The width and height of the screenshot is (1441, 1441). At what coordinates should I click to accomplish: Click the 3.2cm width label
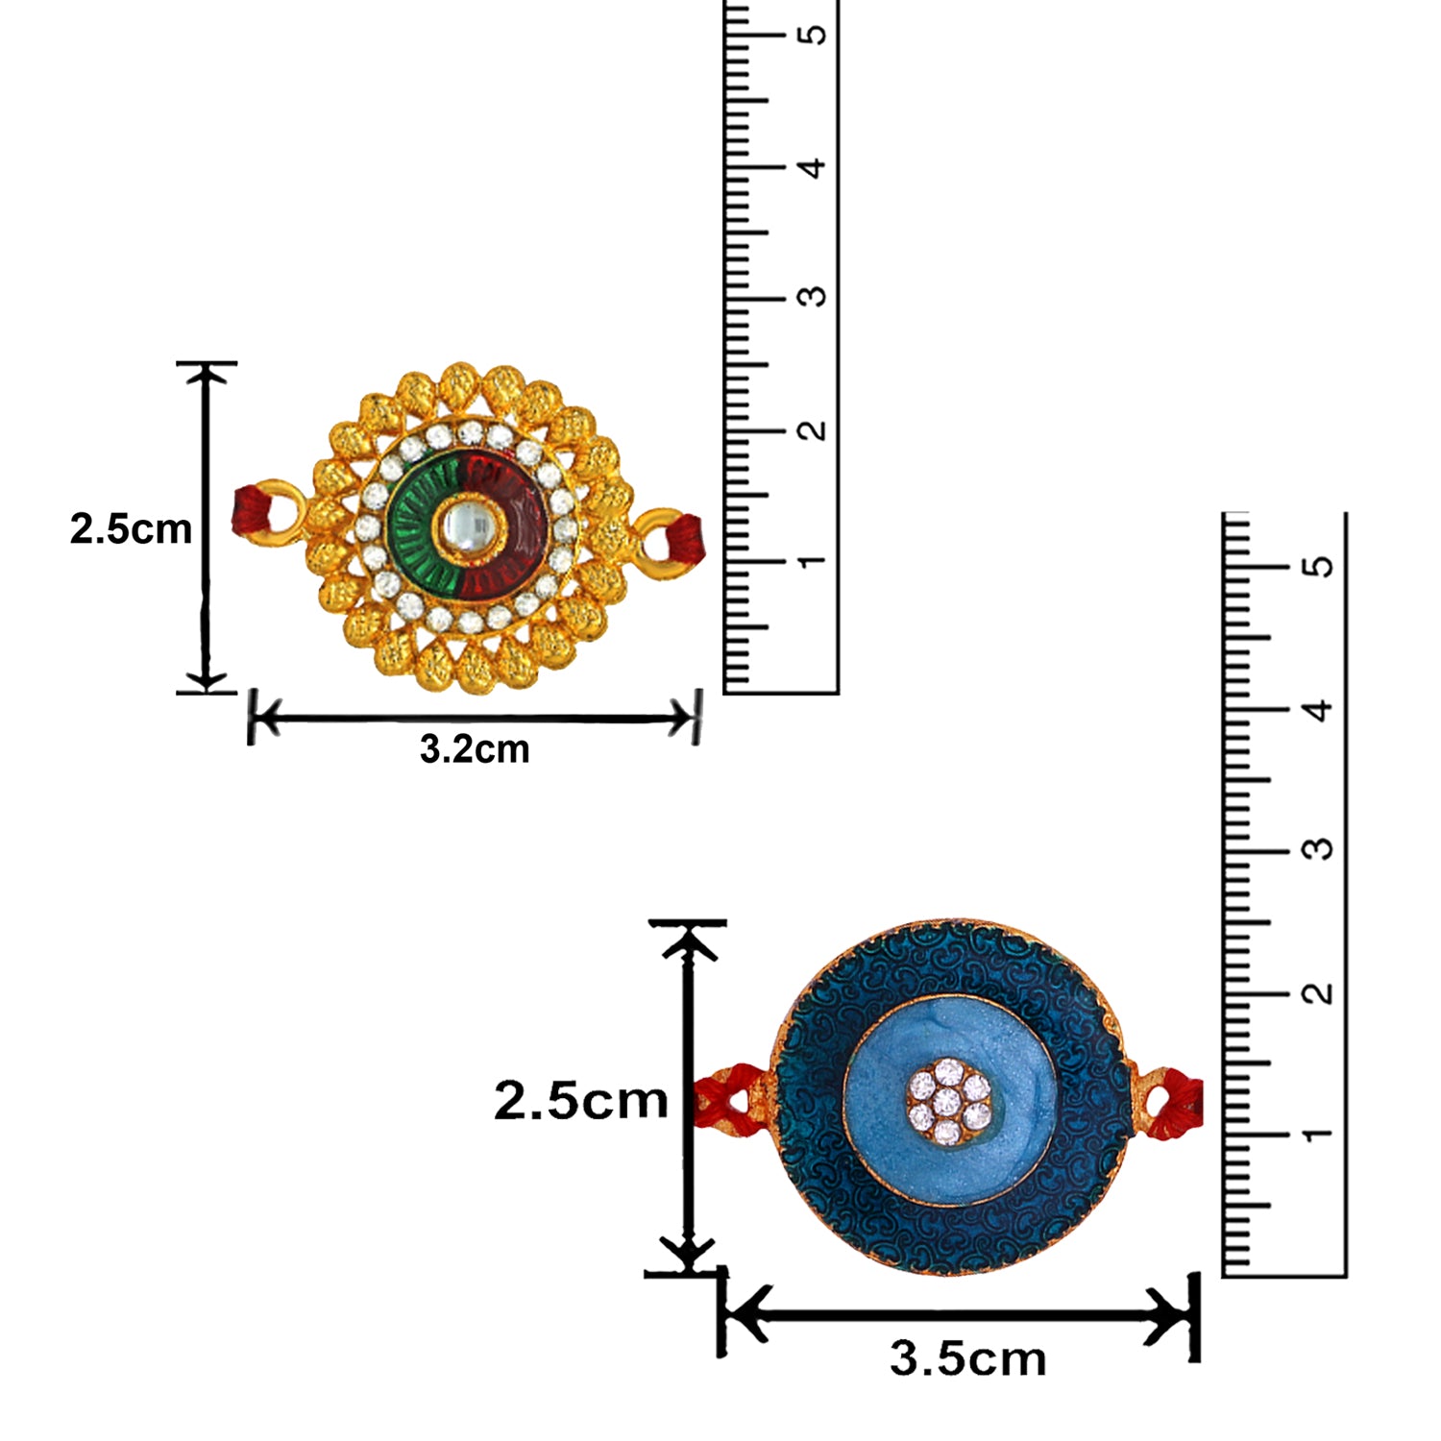475,749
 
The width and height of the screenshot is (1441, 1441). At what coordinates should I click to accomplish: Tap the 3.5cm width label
967,1358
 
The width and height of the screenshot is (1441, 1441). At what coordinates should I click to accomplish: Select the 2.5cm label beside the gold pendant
131,528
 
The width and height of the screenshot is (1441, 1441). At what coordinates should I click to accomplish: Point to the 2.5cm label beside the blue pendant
580,1100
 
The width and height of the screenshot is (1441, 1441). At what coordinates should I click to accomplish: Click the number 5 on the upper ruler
813,35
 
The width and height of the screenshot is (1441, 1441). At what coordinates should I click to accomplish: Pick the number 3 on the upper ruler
813,296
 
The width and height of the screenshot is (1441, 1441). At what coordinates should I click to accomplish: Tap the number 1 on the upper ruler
813,560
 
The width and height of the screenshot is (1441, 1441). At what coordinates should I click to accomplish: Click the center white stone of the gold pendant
468,525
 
